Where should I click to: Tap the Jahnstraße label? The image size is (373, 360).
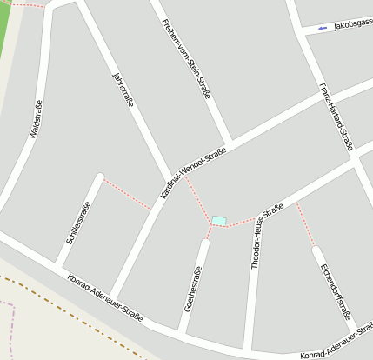(123, 91)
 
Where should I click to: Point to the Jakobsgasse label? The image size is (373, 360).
(352, 27)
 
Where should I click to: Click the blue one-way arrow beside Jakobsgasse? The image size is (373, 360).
(323, 29)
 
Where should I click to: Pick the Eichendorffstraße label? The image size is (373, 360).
(336, 291)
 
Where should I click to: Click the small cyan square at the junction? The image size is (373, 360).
(218, 221)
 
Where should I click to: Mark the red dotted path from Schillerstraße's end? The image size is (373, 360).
(127, 193)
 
